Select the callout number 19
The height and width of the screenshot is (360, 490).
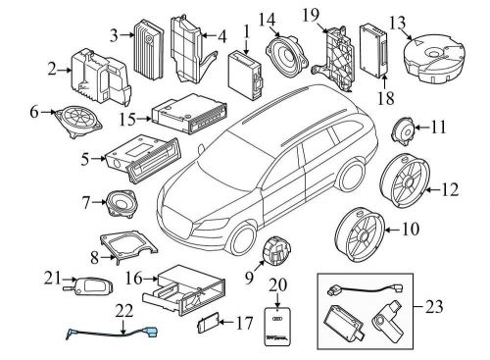pyautogui.click(x=310, y=13)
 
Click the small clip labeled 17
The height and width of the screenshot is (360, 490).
pyautogui.click(x=207, y=320)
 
